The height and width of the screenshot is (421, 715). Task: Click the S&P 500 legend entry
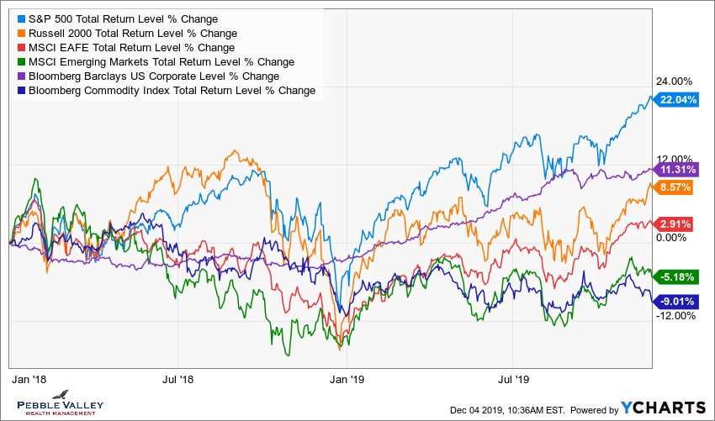(121, 18)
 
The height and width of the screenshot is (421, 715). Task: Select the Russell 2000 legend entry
(123, 33)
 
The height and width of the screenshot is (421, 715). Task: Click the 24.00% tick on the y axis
(675, 82)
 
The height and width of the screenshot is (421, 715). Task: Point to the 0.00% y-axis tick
(671, 238)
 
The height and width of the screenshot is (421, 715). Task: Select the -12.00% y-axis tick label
(675, 316)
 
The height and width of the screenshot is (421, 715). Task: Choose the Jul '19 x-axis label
(514, 380)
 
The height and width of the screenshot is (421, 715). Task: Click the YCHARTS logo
(663, 408)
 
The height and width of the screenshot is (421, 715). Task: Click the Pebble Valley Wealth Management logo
(58, 402)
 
